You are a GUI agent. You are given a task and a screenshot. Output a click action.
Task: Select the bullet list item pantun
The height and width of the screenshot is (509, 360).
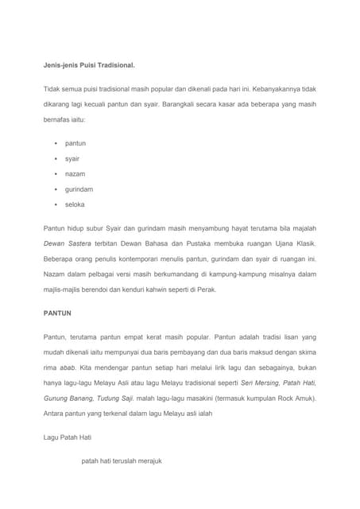pyautogui.click(x=75, y=143)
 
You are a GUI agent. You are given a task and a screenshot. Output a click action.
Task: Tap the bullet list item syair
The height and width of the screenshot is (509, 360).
pyautogui.click(x=72, y=158)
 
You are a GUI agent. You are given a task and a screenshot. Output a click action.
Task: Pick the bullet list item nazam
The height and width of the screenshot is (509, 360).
pyautogui.click(x=75, y=173)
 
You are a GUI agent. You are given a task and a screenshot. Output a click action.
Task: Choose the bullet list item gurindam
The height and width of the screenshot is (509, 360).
pyautogui.click(x=79, y=189)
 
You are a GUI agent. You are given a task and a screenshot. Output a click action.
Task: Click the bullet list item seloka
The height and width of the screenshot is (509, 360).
pyautogui.click(x=75, y=204)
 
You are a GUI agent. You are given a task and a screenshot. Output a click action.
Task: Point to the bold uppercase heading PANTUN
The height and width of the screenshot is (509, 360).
pyautogui.click(x=57, y=313)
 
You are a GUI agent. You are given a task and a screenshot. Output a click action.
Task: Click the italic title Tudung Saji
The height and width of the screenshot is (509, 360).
pyautogui.click(x=115, y=398)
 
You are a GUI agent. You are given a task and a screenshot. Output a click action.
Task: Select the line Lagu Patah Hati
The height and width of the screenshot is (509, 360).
pyautogui.click(x=68, y=437)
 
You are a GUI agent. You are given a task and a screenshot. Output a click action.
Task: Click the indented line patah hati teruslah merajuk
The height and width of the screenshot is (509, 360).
pyautogui.click(x=122, y=460)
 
